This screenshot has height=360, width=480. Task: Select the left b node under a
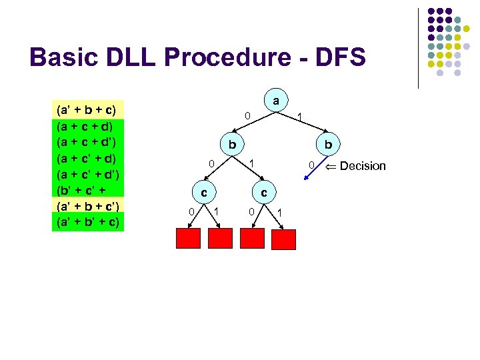[231, 145]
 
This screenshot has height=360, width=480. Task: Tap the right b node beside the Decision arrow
[327, 145]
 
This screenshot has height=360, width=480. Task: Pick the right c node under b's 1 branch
[264, 192]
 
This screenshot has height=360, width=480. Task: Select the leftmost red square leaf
[189, 238]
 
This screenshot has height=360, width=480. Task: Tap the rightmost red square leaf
[284, 239]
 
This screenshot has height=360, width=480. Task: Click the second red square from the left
[221, 238]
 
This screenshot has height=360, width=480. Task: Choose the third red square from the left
[253, 238]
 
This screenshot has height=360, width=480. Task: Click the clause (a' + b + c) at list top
[86, 109]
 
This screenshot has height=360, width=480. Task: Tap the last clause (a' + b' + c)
[86, 221]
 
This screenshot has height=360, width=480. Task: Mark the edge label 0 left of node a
[246, 117]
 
